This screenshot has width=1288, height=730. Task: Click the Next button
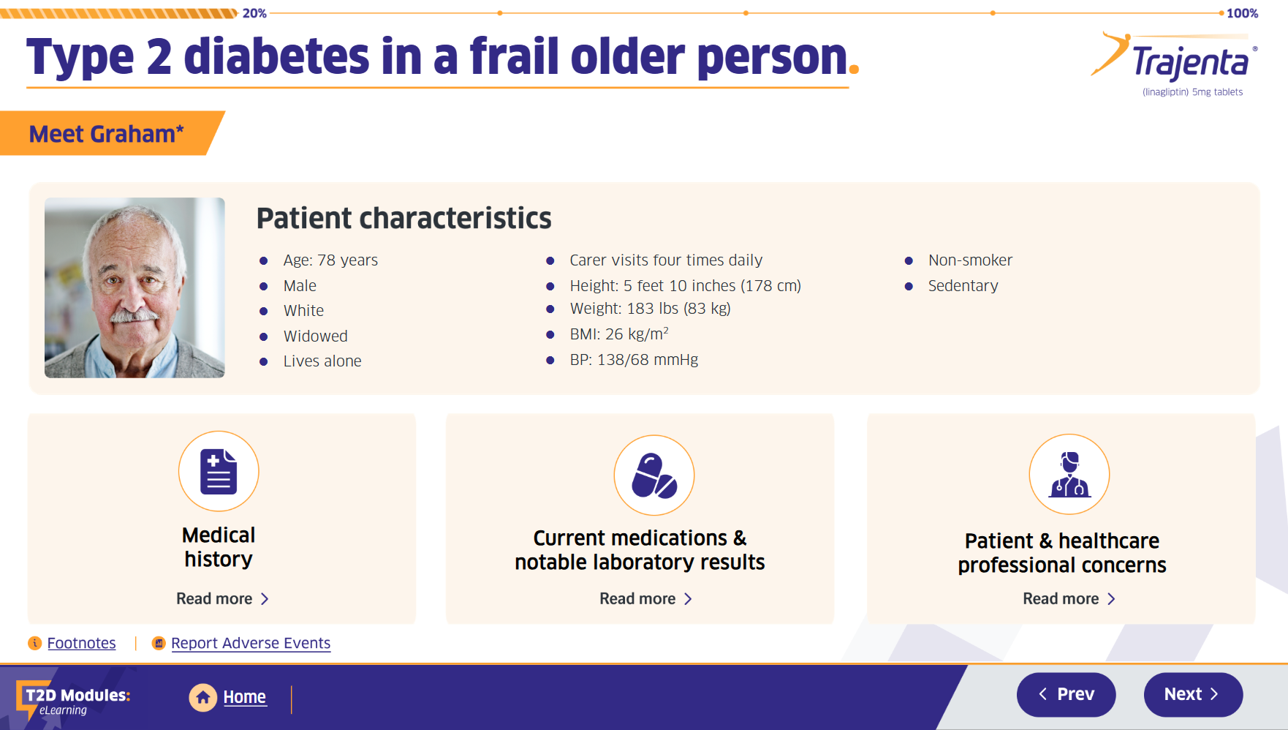1192,694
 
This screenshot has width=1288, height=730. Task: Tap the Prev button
1066,694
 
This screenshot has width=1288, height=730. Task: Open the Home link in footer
243,697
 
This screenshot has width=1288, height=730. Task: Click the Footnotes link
81,643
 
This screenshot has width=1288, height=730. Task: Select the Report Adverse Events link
250,643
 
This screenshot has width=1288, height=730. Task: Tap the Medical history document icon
219,471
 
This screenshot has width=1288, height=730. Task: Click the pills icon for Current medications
654,475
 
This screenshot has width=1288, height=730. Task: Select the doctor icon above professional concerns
1069,474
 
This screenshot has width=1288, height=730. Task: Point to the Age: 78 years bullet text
330,260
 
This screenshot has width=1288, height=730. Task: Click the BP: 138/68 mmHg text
634,360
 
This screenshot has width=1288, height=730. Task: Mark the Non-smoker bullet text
970,260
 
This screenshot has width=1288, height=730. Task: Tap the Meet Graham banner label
106,134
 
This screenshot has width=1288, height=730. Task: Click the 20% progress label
254,13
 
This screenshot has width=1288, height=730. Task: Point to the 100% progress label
1242,13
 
